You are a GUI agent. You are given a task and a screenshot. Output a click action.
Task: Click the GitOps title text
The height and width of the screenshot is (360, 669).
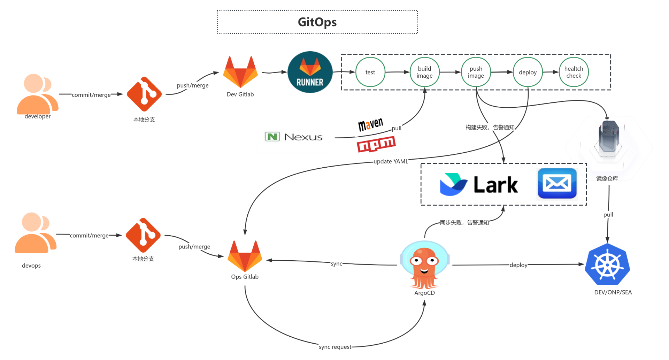tap(317, 22)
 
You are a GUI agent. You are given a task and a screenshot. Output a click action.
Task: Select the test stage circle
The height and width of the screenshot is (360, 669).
tap(370, 72)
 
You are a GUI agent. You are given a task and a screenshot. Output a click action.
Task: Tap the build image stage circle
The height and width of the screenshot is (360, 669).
tap(424, 72)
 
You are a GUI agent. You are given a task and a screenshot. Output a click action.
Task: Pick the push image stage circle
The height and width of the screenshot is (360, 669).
tap(476, 72)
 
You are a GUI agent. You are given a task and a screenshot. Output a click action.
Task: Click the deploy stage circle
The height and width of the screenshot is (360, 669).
tap(528, 72)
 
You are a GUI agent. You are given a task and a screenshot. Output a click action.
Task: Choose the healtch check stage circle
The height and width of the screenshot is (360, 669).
tap(574, 72)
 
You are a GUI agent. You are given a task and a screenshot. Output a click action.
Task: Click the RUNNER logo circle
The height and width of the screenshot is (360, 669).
tap(310, 72)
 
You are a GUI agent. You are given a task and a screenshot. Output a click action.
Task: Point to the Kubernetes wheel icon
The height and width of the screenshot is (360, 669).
tap(607, 265)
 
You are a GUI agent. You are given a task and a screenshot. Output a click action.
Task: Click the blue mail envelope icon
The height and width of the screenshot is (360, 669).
tap(557, 183)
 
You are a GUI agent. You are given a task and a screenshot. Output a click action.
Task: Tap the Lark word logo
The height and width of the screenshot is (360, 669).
tap(495, 185)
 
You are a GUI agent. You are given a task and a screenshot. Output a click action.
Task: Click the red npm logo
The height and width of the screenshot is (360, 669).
tap(376, 144)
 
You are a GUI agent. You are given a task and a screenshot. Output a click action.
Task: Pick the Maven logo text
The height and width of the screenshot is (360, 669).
tap(370, 124)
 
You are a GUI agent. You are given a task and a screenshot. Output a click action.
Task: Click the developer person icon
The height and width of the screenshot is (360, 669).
tap(37, 94)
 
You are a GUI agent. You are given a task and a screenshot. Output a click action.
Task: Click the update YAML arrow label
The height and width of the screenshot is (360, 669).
tap(390, 161)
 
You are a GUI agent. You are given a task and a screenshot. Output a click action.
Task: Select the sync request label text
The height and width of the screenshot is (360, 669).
tap(335, 347)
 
